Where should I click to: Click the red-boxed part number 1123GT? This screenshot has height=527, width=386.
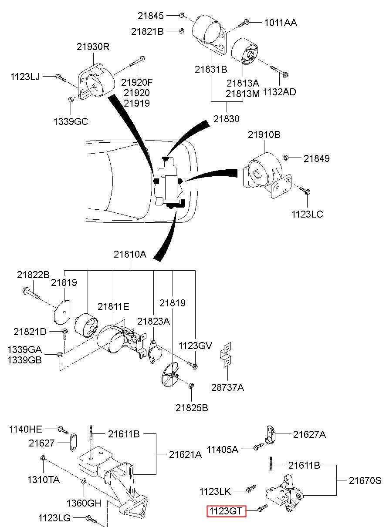(227, 510)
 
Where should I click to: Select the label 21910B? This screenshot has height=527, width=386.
(264, 135)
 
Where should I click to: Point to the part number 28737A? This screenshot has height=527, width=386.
(228, 387)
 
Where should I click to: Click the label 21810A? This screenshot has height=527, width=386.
(130, 254)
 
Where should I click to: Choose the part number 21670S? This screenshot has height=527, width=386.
(365, 480)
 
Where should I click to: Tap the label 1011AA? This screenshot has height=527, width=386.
(281, 23)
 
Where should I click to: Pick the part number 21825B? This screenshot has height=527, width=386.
(192, 408)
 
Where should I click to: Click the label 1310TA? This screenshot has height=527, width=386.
(44, 480)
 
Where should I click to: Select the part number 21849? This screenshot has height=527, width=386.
(317, 158)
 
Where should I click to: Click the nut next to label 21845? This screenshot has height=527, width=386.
(181, 16)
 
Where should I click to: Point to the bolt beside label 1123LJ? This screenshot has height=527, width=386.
(60, 78)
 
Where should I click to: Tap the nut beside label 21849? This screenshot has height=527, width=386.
(286, 158)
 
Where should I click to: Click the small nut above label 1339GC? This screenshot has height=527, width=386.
(71, 100)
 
